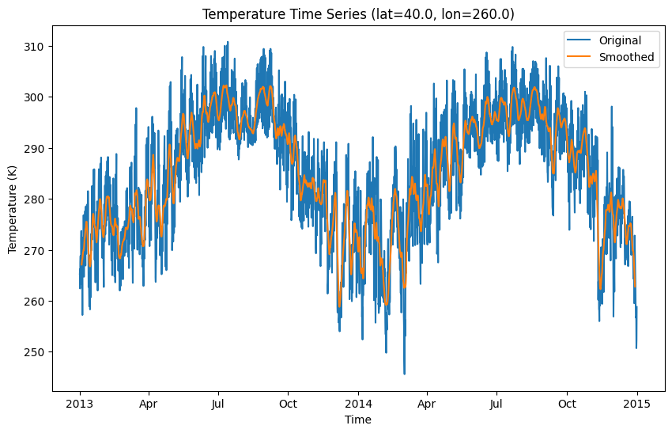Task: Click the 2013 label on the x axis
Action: click(80, 404)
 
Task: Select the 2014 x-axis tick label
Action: click(358, 404)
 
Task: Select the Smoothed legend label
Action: click(625, 57)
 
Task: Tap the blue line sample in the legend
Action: click(579, 40)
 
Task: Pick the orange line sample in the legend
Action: click(579, 57)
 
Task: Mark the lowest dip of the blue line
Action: click(404, 374)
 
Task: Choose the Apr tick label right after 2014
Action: click(427, 404)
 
